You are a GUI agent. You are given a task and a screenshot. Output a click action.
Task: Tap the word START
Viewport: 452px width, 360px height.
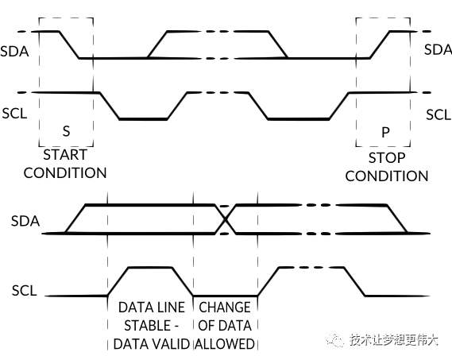click(x=65, y=155)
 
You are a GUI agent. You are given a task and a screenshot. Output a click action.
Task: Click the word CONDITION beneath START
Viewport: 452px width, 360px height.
click(x=65, y=172)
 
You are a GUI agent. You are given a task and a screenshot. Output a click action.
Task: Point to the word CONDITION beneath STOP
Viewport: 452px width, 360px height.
click(x=387, y=176)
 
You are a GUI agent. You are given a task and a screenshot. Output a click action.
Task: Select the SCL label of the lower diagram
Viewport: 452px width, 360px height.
click(x=25, y=290)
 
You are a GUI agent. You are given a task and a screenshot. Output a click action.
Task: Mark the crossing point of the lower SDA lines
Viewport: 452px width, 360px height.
click(x=227, y=219)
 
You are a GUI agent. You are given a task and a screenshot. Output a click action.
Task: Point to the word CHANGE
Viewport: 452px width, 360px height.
click(x=225, y=307)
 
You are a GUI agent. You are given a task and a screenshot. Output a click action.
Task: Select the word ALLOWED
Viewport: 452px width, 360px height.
click(x=226, y=343)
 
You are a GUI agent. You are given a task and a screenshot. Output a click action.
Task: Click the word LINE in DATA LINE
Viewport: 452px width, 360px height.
click(x=172, y=307)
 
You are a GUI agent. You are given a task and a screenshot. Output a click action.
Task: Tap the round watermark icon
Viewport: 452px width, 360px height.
click(x=335, y=339)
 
